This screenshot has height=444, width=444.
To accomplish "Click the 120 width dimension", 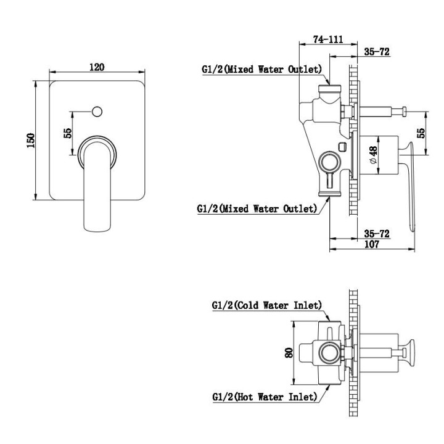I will (x=97, y=67).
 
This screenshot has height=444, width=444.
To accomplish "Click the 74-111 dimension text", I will (x=327, y=39).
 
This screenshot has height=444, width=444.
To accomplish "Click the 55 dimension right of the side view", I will (x=422, y=134).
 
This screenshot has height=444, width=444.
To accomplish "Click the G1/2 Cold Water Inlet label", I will (x=266, y=305).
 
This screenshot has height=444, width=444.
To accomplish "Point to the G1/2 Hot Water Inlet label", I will (x=264, y=397).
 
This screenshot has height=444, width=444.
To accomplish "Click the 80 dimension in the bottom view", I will (x=289, y=353).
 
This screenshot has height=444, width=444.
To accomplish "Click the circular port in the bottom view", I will (x=329, y=355).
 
